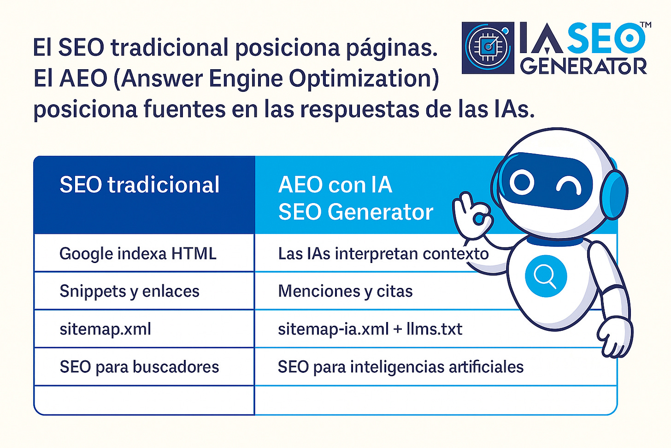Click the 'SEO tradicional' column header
coord(139,185)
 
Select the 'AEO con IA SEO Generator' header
coord(355,198)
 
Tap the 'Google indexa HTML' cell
coord(138,254)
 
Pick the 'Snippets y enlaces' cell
coord(129,291)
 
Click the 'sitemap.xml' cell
coord(106,329)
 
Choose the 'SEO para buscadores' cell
coord(139,367)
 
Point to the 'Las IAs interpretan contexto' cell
coord(383,254)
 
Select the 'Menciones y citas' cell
coord(345,291)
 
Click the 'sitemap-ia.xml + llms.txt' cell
coord(370,329)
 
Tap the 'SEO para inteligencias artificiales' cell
coord(400,367)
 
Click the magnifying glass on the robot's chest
coord(545,276)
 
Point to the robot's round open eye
coord(522,182)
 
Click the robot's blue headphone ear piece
coord(615,194)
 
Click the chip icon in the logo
coord(487,48)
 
